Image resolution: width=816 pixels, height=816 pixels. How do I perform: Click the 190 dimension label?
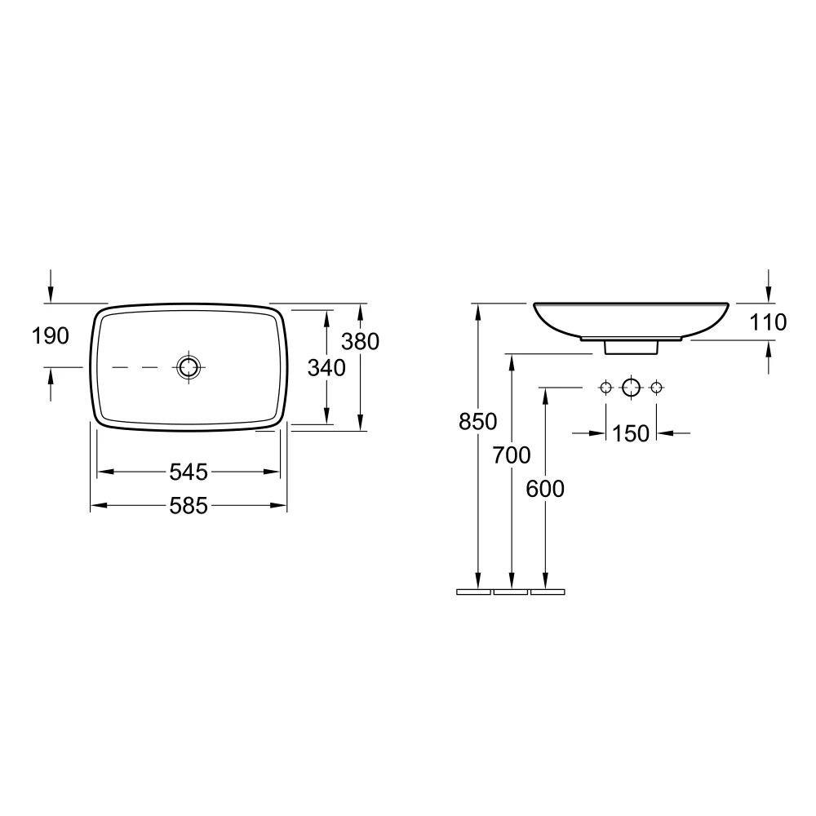[51, 335]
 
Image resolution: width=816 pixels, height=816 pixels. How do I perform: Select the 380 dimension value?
[361, 341]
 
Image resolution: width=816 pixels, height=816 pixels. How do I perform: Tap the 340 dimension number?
[326, 368]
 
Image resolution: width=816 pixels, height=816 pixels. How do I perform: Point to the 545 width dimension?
[188, 472]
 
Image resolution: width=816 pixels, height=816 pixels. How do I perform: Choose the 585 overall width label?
[188, 507]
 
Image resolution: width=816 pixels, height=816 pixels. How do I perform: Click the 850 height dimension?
[478, 422]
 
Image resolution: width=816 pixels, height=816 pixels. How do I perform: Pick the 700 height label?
[512, 455]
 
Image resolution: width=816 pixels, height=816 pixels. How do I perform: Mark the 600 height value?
[545, 489]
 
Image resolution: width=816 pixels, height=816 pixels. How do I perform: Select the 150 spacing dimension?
[631, 433]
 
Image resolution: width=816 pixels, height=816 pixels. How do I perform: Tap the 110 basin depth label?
[768, 323]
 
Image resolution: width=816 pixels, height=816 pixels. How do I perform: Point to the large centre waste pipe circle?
[631, 388]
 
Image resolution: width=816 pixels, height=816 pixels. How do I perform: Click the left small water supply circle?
[605, 388]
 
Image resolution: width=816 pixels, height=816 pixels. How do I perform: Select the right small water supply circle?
[655, 388]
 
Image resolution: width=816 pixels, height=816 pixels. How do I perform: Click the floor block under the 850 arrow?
[473, 591]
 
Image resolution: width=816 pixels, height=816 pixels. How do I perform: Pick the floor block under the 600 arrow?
[548, 591]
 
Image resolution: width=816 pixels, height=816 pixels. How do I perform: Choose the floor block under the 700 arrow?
[511, 591]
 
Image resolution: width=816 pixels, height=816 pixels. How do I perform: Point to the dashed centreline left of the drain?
[135, 368]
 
